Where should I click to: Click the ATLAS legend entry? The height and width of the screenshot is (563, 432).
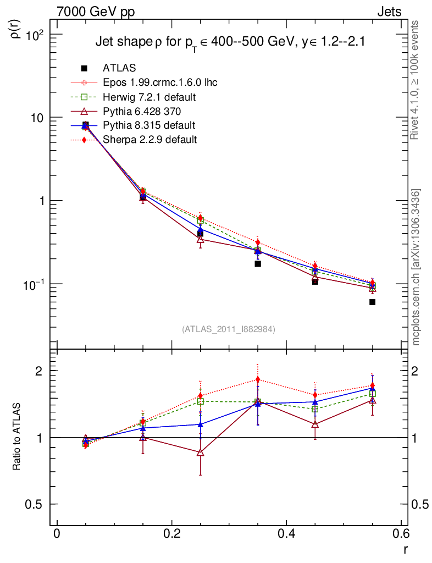tap(119, 68)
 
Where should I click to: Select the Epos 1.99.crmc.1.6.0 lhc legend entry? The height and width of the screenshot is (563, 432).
tap(160, 82)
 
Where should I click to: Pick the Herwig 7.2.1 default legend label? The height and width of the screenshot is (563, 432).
tap(149, 97)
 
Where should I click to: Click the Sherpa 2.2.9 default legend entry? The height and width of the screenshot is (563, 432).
tap(149, 140)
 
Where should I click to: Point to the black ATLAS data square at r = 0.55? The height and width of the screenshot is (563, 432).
tap(372, 302)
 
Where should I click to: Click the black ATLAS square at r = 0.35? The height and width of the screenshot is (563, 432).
tap(258, 264)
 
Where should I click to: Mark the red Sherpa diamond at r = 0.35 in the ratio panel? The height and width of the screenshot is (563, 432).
tap(258, 379)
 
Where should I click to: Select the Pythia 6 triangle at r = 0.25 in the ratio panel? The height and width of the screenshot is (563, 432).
tap(200, 452)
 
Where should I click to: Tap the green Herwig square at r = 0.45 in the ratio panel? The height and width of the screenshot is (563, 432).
tap(315, 409)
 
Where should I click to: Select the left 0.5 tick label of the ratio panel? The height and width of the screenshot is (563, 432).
tap(34, 505)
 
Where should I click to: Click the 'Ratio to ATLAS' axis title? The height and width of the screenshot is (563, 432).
tap(17, 437)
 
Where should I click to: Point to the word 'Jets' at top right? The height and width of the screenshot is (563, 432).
tap(389, 12)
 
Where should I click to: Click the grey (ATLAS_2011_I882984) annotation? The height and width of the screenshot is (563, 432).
tap(229, 329)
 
